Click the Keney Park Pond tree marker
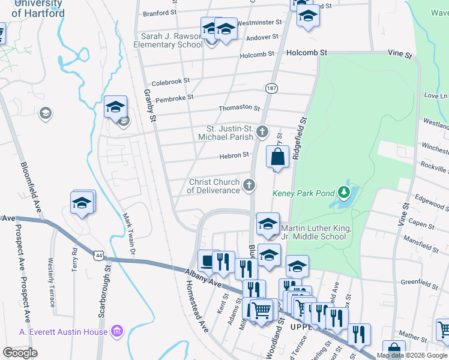(x=344, y=192)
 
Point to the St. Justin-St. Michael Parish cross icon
(x=262, y=131)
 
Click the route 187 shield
(x=271, y=88)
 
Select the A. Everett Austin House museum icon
(x=118, y=331)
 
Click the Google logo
(x=20, y=353)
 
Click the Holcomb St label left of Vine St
(x=306, y=53)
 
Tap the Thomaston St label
(x=240, y=108)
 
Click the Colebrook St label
(x=170, y=80)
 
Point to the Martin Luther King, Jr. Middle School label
(x=313, y=232)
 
